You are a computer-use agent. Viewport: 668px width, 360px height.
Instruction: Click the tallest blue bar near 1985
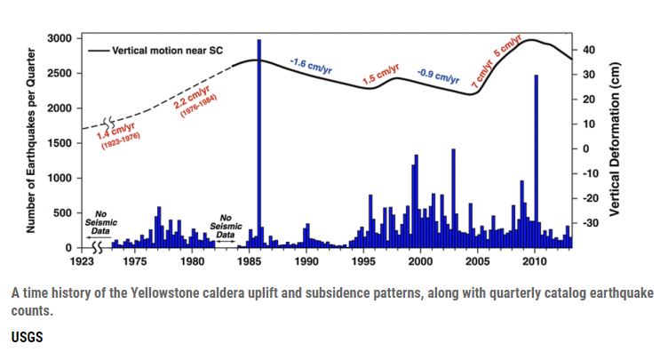pyautogui.click(x=259, y=143)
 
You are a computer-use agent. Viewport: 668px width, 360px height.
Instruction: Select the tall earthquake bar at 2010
pyautogui.click(x=536, y=161)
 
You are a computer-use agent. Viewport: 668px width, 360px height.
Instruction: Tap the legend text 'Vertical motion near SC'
pyautogui.click(x=167, y=51)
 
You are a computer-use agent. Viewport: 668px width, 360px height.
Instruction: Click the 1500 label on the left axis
pyautogui.click(x=60, y=143)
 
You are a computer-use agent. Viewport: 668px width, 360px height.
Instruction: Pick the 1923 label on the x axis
pyautogui.click(x=82, y=261)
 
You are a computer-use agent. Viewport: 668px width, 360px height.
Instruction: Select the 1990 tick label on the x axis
pyautogui.click(x=306, y=261)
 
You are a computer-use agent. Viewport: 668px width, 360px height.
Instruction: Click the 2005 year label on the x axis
pyautogui.click(x=478, y=261)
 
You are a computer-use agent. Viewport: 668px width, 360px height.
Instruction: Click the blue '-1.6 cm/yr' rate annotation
pyautogui.click(x=311, y=67)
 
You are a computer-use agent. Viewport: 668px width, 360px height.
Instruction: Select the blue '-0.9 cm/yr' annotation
pyautogui.click(x=439, y=76)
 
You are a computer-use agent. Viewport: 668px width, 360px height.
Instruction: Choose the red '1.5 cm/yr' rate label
pyautogui.click(x=381, y=74)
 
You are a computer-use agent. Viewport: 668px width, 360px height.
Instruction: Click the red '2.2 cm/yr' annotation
pyautogui.click(x=192, y=97)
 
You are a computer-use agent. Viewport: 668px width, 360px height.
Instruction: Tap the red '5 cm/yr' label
pyautogui.click(x=508, y=45)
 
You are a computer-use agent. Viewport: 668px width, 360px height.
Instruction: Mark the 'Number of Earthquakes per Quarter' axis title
pyautogui.click(x=31, y=140)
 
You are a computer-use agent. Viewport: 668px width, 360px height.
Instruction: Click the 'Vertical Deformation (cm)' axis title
pyautogui.click(x=615, y=140)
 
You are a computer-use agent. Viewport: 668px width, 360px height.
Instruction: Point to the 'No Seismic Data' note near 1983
pyautogui.click(x=226, y=227)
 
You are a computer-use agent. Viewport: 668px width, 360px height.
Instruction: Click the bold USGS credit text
pyautogui.click(x=28, y=337)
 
